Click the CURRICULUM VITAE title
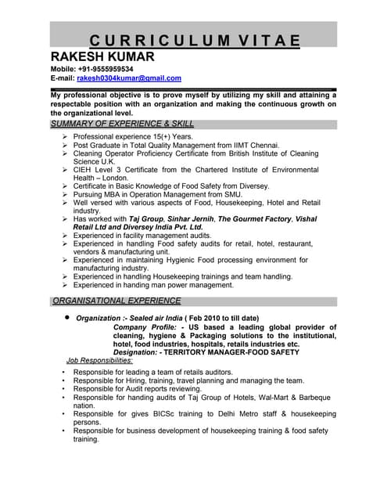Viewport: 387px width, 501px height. pyautogui.click(x=194, y=41)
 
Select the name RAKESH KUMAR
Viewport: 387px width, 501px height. pyautogui.click(x=102, y=57)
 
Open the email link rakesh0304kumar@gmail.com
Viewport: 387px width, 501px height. pyautogui.click(x=128, y=78)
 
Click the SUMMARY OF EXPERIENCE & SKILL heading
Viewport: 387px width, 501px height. pyautogui.click(x=122, y=124)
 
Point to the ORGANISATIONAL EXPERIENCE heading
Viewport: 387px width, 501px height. pyautogui.click(x=116, y=301)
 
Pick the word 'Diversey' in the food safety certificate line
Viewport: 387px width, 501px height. pyautogui.click(x=251, y=186)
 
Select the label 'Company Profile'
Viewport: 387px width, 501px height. pyautogui.click(x=145, y=326)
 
